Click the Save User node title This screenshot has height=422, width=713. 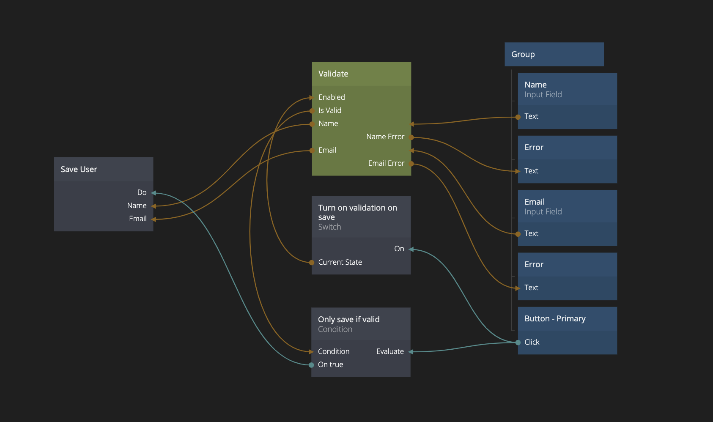pyautogui.click(x=79, y=170)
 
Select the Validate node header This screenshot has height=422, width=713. pyautogui.click(x=333, y=74)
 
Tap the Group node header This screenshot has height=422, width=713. pyautogui.click(x=523, y=55)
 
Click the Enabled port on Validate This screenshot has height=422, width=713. pyautogui.click(x=332, y=97)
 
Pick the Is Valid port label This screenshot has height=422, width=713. pyautogui.click(x=330, y=110)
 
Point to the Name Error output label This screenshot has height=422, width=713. pyautogui.click(x=385, y=137)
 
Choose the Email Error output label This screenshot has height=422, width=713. pyautogui.click(x=386, y=163)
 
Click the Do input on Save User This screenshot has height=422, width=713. pyautogui.click(x=142, y=193)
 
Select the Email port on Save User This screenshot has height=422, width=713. pyautogui.click(x=138, y=219)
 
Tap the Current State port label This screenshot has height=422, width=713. pyautogui.click(x=340, y=262)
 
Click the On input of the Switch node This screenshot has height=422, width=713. pyautogui.click(x=399, y=249)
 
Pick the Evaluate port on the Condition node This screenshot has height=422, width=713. pyautogui.click(x=390, y=351)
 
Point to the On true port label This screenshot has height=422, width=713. pyautogui.click(x=331, y=364)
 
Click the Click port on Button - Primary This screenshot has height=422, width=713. pyautogui.click(x=532, y=342)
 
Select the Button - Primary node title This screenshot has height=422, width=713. pyautogui.click(x=555, y=319)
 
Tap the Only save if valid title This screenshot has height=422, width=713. pyautogui.click(x=349, y=320)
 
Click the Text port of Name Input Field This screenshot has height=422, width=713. pyautogui.click(x=531, y=116)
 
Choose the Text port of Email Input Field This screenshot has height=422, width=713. pyautogui.click(x=531, y=233)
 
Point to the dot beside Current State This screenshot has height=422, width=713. pyautogui.click(x=312, y=263)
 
